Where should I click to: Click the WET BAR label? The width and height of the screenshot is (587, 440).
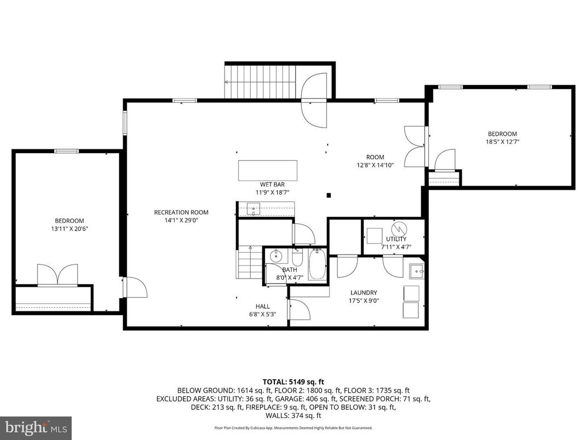[x=272, y=184]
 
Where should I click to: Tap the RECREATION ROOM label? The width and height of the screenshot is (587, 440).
[x=181, y=212]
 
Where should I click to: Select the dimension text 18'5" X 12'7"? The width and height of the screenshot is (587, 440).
[x=502, y=142]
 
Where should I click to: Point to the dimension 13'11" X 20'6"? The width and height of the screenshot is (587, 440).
[x=68, y=228]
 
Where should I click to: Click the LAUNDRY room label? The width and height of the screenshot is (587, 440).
[x=363, y=293]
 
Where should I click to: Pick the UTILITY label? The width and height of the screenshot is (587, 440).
[x=396, y=239]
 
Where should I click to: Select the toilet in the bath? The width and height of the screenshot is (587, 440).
[x=297, y=257]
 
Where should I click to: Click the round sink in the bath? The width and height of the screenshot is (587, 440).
[x=277, y=256]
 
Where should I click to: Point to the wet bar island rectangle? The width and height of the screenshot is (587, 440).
[x=268, y=170]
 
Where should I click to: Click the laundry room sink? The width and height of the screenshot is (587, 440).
[x=417, y=271]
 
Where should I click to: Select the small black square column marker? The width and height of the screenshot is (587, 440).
[x=329, y=195]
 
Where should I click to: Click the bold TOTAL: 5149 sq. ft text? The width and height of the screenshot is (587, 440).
[x=293, y=381]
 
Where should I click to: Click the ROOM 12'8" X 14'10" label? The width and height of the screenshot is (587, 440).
[x=375, y=161]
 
